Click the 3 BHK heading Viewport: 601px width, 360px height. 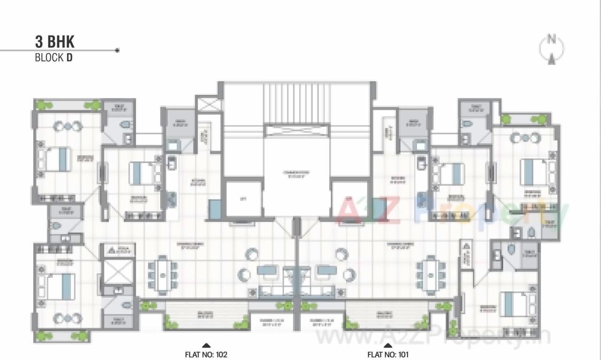[x=54, y=42]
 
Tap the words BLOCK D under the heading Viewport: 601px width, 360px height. [x=54, y=58]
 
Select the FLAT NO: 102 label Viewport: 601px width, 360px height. [x=206, y=355]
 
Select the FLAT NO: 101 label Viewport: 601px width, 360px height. [x=388, y=355]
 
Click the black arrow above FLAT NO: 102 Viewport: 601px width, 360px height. [x=206, y=346]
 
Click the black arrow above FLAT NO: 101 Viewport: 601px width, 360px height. [x=388, y=346]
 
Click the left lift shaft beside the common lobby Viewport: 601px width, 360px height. [x=243, y=199]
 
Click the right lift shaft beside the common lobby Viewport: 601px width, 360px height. [x=349, y=199]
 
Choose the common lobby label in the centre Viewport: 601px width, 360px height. [x=297, y=174]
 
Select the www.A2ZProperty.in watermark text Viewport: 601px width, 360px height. [x=432, y=337]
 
